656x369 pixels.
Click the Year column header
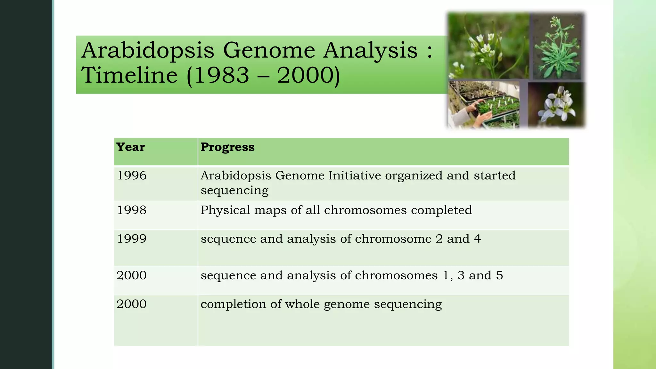coord(130,147)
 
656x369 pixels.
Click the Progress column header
coord(227,147)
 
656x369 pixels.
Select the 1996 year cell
coord(132,176)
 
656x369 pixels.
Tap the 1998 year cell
coord(132,210)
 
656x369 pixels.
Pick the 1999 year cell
coord(132,239)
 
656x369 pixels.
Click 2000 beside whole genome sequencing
coord(131,304)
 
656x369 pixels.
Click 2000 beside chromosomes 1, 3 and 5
coord(131,275)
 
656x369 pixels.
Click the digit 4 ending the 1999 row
coord(477,239)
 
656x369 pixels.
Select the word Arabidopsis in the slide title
coord(148,51)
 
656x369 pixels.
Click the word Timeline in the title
coord(129,75)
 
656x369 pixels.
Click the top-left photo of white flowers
coord(488,46)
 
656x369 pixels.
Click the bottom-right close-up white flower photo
coord(557,105)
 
